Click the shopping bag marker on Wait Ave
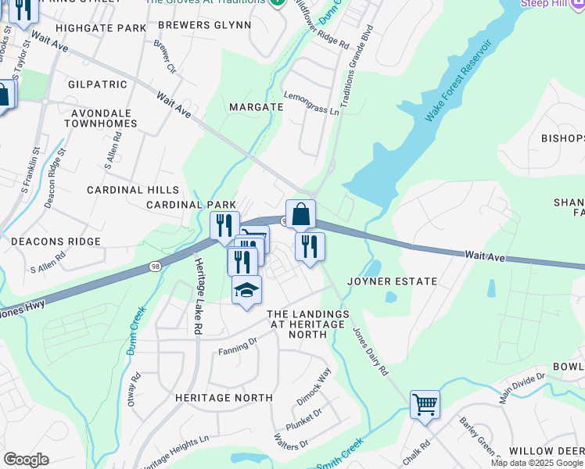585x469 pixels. tap(300, 213)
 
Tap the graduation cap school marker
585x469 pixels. tap(247, 291)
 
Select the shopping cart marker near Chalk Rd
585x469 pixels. tap(425, 405)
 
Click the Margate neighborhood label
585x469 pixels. tap(256, 106)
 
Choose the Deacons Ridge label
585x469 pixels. tap(56, 242)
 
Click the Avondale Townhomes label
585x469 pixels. tap(100, 117)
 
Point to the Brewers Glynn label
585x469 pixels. tap(204, 25)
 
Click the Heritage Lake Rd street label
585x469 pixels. tap(199, 297)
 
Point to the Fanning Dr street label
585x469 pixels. tap(238, 345)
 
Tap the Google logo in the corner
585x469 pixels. tap(26, 459)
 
